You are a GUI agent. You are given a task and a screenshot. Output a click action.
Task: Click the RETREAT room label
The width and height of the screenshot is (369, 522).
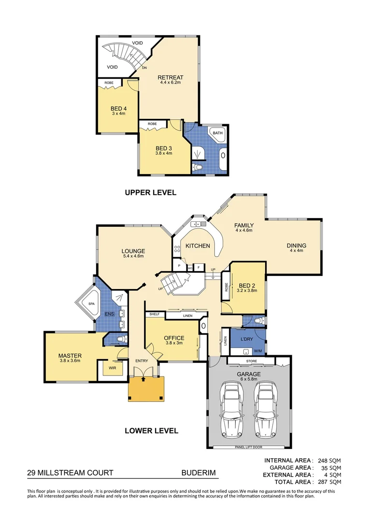click(x=170, y=77)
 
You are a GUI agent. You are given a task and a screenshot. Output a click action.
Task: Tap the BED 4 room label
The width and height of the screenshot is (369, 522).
click(x=118, y=108)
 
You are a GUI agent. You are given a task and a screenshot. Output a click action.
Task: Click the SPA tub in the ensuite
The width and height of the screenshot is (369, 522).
click(x=91, y=304)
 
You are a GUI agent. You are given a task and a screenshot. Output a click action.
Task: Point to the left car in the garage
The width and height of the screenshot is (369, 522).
click(x=231, y=404)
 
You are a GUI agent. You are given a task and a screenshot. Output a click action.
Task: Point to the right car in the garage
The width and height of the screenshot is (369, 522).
click(x=266, y=404)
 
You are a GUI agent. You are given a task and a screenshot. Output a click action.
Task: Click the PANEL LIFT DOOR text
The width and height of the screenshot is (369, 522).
click(x=248, y=447)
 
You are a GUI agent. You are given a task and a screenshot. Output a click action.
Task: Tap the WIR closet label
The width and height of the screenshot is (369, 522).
click(x=112, y=367)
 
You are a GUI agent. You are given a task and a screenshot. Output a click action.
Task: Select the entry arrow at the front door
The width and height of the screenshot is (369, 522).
click(x=143, y=379)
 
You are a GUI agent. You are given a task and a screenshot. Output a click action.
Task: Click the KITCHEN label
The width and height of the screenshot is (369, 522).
click(x=198, y=246)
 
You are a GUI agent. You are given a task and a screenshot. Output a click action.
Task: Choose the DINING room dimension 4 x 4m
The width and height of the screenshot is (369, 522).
click(x=298, y=250)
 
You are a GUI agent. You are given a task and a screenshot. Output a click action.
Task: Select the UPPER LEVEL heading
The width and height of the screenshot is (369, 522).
click(x=151, y=192)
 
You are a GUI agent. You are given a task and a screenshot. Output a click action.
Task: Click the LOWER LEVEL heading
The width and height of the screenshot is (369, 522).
click(x=151, y=431)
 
